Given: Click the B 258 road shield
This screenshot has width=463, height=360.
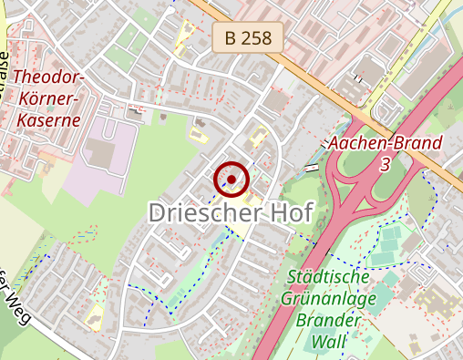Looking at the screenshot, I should (249, 38).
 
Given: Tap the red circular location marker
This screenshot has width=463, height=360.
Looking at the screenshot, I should (231, 180).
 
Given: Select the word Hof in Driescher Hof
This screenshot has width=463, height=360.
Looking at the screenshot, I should (286, 213).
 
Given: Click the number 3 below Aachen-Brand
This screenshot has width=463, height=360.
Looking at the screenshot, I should (386, 163).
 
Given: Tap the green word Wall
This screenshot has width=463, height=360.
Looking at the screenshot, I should (327, 342).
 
